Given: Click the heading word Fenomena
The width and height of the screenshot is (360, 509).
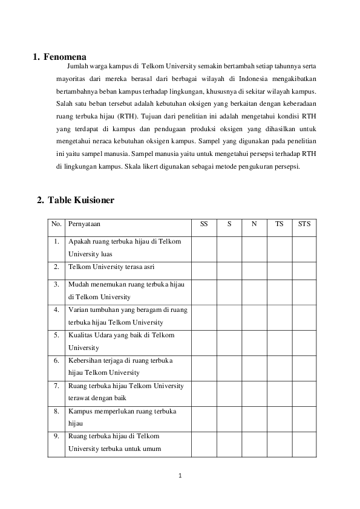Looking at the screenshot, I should click(65, 58).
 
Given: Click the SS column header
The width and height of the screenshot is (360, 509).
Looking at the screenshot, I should click(204, 224).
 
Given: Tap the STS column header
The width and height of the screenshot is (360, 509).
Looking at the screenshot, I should click(304, 224).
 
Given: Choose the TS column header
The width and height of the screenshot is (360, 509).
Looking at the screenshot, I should click(279, 224).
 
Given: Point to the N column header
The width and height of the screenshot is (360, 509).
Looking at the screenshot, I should click(254, 224).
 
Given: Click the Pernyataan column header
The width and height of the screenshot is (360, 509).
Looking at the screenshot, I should click(84, 224).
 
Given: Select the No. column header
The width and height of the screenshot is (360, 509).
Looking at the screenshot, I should click(57, 224).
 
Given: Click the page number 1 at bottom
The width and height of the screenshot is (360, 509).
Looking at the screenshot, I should click(180, 475).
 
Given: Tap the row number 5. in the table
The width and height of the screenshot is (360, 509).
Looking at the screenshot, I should click(56, 335).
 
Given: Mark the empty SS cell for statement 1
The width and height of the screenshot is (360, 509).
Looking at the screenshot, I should click(204, 248).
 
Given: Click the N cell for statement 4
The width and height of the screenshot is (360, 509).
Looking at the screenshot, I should click(254, 316).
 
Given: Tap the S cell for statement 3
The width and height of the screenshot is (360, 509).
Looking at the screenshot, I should click(229, 291).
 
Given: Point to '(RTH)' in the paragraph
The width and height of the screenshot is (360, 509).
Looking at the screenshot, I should click(127, 115).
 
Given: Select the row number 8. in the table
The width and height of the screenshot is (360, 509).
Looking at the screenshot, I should click(56, 411).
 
